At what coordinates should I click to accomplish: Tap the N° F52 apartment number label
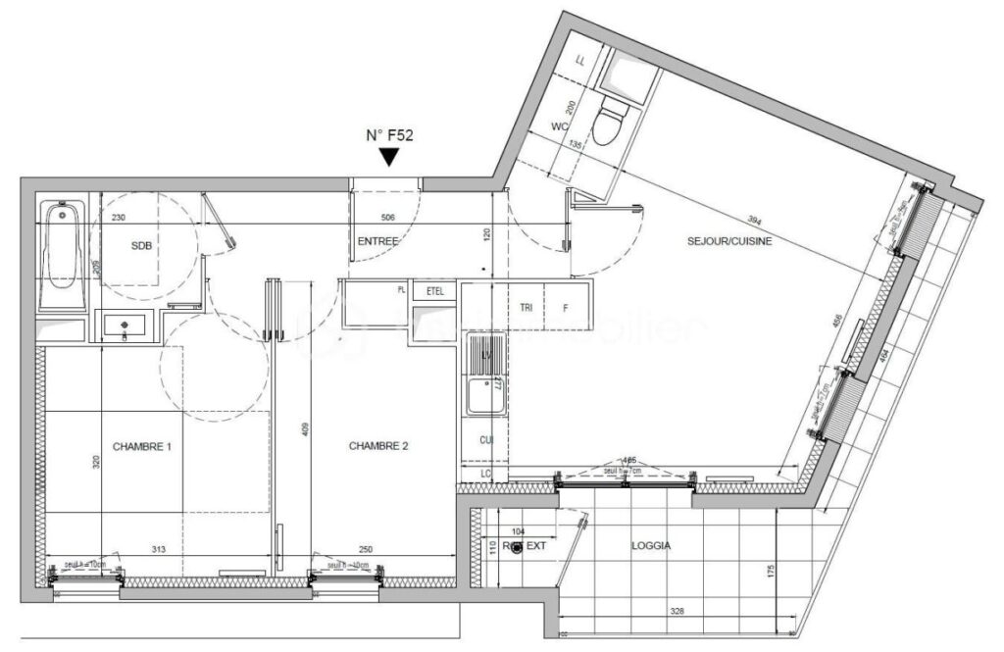click(x=390, y=136)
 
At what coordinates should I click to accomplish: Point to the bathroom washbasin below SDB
click(x=127, y=326)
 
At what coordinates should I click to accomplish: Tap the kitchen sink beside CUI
click(x=483, y=378)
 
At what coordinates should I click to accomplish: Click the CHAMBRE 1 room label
click(x=142, y=446)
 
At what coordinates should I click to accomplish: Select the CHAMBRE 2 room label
click(x=378, y=446)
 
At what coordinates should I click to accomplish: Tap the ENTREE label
click(x=376, y=241)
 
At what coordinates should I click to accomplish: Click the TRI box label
click(x=526, y=307)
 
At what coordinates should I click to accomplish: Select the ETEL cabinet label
click(x=434, y=291)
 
